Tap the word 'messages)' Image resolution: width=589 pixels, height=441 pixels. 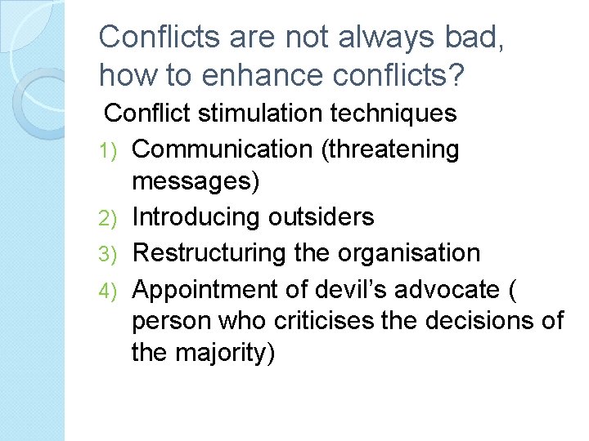pos(196,182)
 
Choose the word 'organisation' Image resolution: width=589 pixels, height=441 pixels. pos(412,253)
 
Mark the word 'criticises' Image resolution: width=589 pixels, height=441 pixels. pos(305,320)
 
